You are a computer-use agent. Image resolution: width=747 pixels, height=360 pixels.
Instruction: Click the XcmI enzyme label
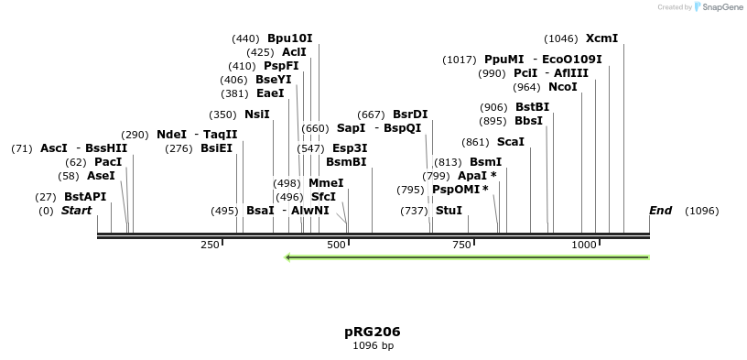click(x=601, y=38)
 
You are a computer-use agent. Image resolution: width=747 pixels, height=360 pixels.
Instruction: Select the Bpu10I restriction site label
click(x=289, y=38)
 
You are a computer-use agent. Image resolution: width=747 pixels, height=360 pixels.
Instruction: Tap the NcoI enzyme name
click(x=562, y=87)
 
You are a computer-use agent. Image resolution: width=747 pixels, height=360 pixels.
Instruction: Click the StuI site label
click(x=449, y=211)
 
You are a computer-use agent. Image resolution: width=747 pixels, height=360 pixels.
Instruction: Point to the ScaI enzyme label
click(x=510, y=142)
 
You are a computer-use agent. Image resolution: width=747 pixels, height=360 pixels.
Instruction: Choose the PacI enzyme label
click(x=108, y=162)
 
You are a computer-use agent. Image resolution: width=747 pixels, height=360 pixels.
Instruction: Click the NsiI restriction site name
click(x=257, y=115)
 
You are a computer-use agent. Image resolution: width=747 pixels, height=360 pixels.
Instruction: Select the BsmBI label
click(x=346, y=162)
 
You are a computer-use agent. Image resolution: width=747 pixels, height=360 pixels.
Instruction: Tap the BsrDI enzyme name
click(x=410, y=115)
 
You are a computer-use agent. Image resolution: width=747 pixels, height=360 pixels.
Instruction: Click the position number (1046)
click(x=561, y=38)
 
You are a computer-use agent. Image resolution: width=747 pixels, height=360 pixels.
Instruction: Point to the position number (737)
click(x=414, y=211)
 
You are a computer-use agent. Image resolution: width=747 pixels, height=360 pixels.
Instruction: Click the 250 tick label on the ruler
click(x=211, y=245)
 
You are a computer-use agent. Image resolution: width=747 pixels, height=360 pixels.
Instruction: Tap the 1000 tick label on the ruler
click(x=584, y=245)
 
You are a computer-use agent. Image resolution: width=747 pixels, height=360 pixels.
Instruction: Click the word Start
click(x=77, y=211)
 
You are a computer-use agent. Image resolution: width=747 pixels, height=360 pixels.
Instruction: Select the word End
click(x=660, y=211)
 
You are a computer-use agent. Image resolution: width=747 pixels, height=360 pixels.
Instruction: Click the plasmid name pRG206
click(x=373, y=332)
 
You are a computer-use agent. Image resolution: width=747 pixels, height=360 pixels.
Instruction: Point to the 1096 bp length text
click(x=373, y=346)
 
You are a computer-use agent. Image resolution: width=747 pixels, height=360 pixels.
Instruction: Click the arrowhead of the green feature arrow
click(x=288, y=257)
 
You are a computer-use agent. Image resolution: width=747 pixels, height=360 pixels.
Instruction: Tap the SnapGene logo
click(x=721, y=7)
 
